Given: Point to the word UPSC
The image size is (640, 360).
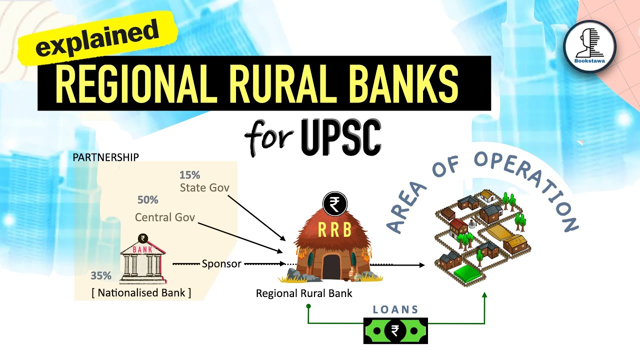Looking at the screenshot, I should tap(341, 135).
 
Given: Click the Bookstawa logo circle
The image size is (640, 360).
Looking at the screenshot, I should tap(589, 47).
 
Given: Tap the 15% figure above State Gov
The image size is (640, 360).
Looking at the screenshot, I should tap(189, 175).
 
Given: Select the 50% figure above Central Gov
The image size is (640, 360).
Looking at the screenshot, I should tap(147, 200).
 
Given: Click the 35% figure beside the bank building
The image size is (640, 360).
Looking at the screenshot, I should tap(101, 275).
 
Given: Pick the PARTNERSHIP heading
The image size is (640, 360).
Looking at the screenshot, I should tap(105, 157).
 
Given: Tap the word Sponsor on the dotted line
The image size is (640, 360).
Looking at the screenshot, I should tap(221, 263).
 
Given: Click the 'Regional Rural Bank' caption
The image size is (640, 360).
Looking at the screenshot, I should tap(304, 293).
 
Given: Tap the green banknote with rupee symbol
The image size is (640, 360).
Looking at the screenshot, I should tap(395, 330).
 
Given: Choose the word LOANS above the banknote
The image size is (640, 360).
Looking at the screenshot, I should tap(395, 310).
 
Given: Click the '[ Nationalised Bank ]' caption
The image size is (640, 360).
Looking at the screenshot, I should tap(141, 293).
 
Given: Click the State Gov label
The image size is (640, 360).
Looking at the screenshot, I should tap(204, 188).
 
